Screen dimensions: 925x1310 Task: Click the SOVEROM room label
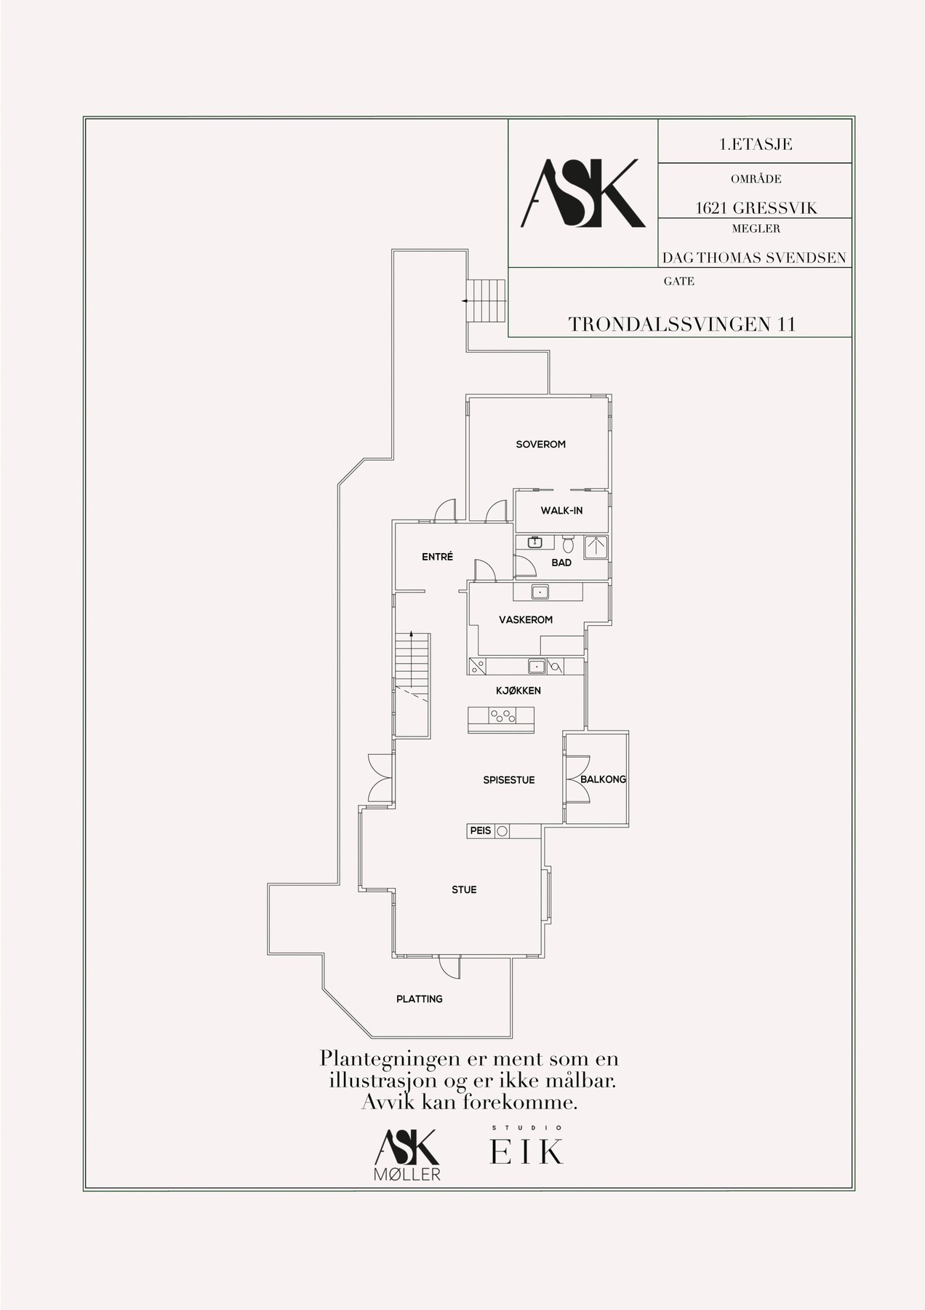pyautogui.click(x=540, y=444)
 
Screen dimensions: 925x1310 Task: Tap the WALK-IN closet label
pyautogui.click(x=561, y=510)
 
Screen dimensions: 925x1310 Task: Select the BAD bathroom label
pyautogui.click(x=561, y=563)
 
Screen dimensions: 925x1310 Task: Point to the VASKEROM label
pyautogui.click(x=526, y=620)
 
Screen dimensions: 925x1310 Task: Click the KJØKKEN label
pyautogui.click(x=518, y=691)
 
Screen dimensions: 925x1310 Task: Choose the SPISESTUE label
pyautogui.click(x=509, y=780)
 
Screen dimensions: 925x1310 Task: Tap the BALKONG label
pyautogui.click(x=603, y=779)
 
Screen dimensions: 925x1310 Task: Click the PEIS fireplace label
pyautogui.click(x=481, y=830)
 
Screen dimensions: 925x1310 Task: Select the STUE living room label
pyautogui.click(x=464, y=889)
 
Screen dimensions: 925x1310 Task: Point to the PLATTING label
pyautogui.click(x=420, y=999)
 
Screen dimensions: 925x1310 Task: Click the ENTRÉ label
pyautogui.click(x=438, y=557)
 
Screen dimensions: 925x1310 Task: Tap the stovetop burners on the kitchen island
pyautogui.click(x=502, y=716)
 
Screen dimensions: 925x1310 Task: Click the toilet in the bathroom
pyautogui.click(x=569, y=544)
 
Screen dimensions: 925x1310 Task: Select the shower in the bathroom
pyautogui.click(x=596, y=547)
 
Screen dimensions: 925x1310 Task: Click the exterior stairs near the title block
pyautogui.click(x=485, y=301)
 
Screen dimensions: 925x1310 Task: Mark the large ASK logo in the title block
pyautogui.click(x=583, y=193)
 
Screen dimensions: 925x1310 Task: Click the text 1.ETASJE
pyautogui.click(x=756, y=144)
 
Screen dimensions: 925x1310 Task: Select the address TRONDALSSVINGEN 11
pyautogui.click(x=682, y=324)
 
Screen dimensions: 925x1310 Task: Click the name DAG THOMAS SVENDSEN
pyautogui.click(x=754, y=258)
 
